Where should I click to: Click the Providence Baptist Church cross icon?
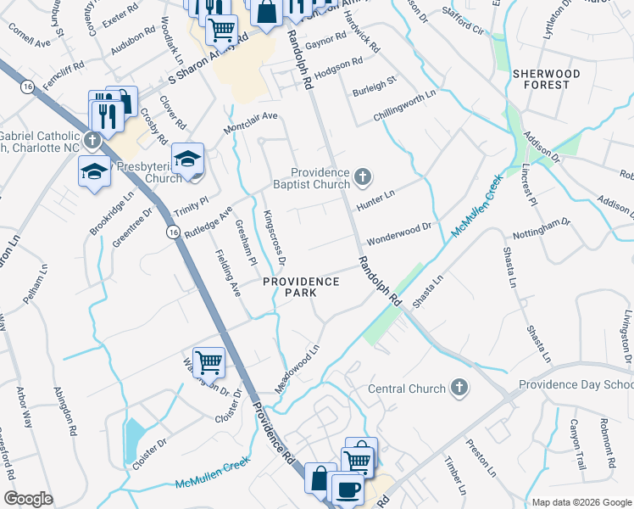coord(363,177)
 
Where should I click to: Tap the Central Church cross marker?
coord(459,389)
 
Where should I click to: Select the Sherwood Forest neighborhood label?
coord(547,79)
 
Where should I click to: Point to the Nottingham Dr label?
coord(542,230)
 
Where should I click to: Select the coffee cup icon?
coord(347,489)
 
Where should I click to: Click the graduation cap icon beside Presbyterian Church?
coord(187,159)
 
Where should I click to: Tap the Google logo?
coord(28,499)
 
